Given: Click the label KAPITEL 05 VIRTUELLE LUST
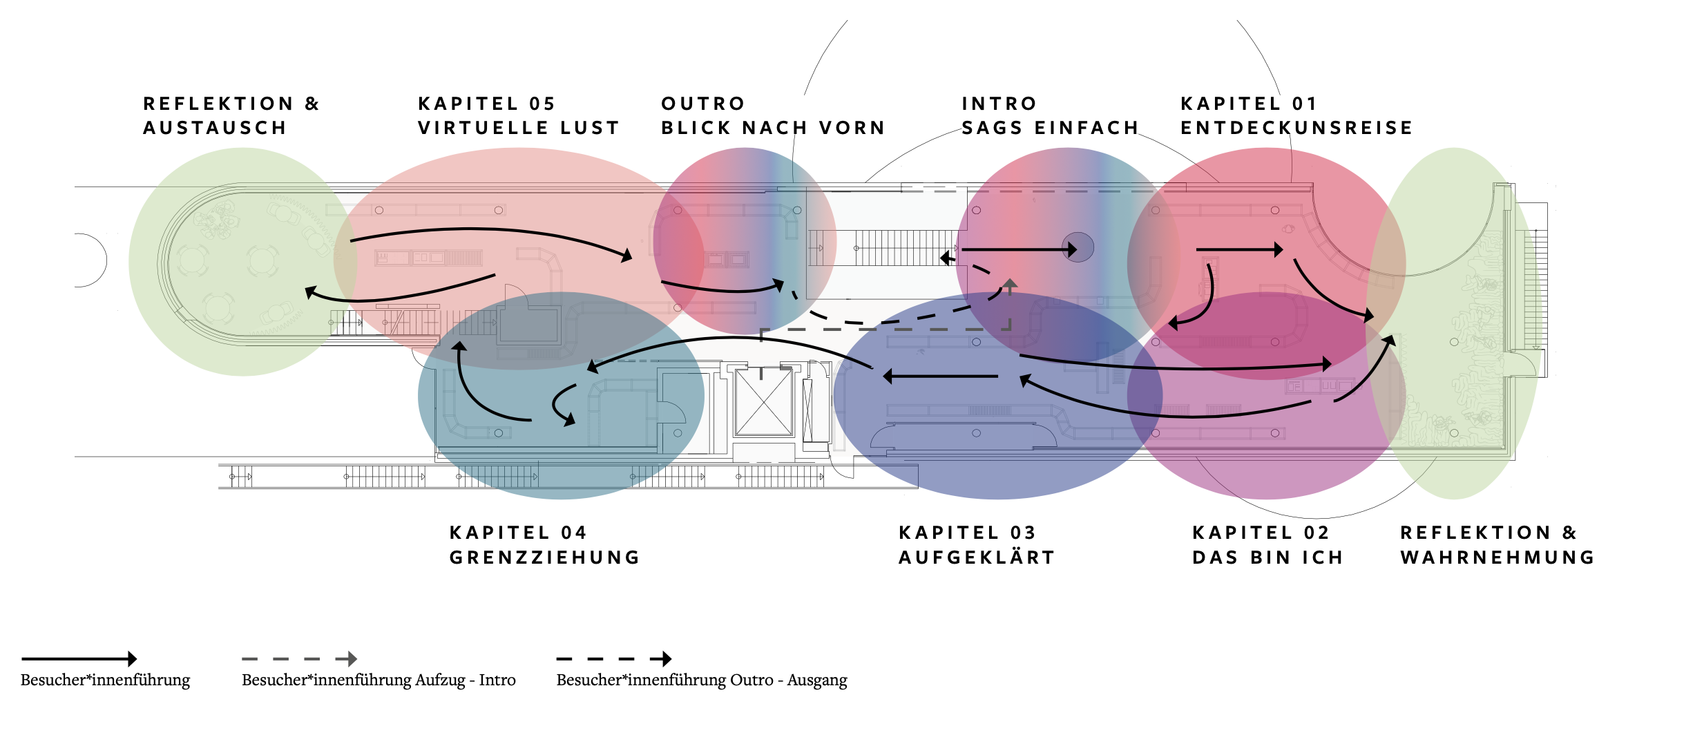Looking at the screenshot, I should pos(518,116).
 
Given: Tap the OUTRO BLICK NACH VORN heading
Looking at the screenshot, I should pos(772,116).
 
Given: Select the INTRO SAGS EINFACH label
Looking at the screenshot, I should pos(1049,116).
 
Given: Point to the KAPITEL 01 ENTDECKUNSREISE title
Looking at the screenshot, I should pos(1296,116).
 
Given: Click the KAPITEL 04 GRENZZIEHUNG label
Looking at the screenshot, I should pos(544,545).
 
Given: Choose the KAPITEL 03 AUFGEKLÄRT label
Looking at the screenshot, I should pos(976,545).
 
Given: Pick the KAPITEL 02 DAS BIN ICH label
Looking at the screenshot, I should pos(1267,545).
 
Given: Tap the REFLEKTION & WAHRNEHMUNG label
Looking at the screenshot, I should pos(1497,545).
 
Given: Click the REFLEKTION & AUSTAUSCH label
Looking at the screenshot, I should pos(231,116).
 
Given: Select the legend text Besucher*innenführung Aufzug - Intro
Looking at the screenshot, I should pos(379,680).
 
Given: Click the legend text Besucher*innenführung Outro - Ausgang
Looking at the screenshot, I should pos(701,680).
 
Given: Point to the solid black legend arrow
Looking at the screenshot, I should pos(79,659).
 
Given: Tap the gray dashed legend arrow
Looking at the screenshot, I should pos(299,659).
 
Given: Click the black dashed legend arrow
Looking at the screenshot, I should pos(613,659).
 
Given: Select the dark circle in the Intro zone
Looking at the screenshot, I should pos(1078,247).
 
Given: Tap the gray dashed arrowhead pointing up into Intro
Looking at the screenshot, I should pos(1010,283).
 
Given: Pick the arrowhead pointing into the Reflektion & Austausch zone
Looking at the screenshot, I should pos(311,293).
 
